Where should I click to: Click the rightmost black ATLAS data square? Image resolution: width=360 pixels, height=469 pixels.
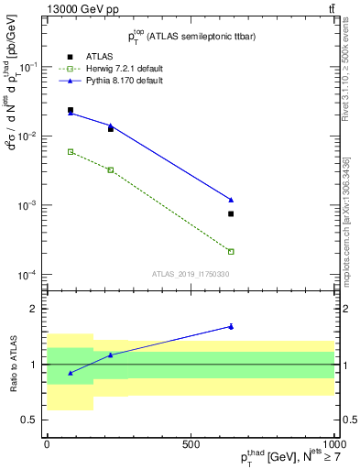231,213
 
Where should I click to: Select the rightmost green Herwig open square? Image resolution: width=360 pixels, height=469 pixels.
231,251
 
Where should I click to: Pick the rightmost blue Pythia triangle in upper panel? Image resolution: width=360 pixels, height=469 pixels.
231,200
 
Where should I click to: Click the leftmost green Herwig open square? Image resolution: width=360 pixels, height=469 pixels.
71,151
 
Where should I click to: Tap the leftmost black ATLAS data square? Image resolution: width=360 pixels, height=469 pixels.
71,110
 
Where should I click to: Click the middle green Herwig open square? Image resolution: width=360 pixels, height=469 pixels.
111,169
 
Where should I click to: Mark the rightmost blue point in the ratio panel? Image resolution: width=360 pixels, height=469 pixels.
231,326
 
